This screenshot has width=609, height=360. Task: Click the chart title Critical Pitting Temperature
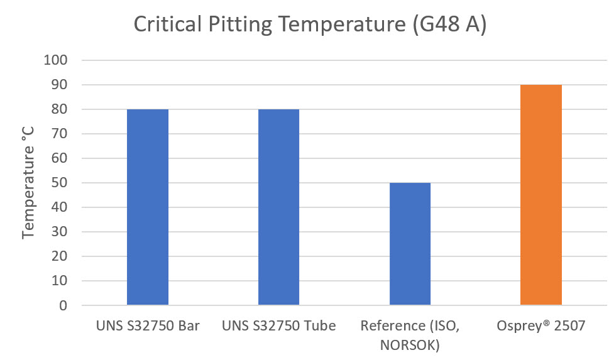point(310,25)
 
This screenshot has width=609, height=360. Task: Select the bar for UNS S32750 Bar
point(148,207)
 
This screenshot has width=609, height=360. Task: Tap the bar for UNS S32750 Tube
point(279,207)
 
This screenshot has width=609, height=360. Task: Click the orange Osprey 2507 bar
point(541,195)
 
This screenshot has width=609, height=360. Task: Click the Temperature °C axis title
point(28,183)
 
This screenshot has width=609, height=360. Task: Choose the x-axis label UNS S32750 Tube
point(279,325)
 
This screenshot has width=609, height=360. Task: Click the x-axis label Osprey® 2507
point(541,325)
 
